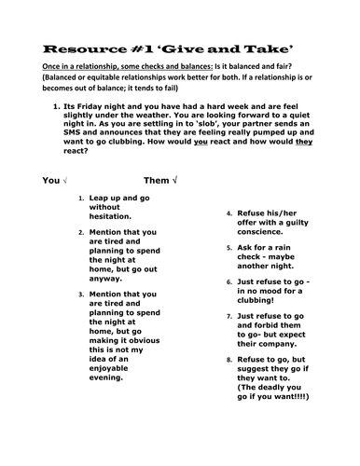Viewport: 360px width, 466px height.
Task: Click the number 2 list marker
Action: tap(81, 232)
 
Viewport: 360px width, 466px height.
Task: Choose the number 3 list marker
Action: tap(81, 294)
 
